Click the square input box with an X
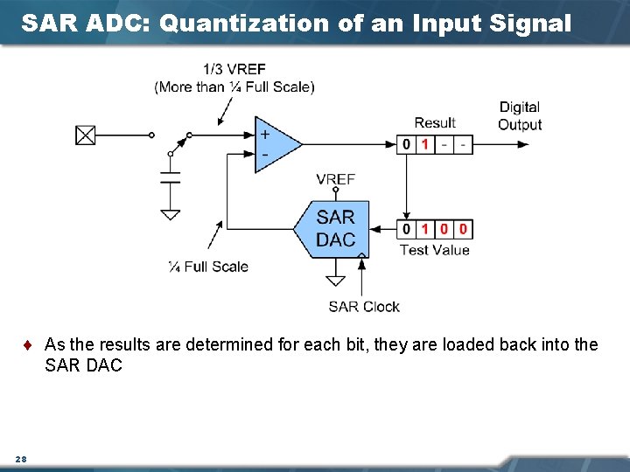(85, 135)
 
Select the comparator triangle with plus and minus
(273, 144)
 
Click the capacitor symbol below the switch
(171, 178)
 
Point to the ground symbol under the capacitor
(171, 213)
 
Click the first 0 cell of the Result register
(406, 144)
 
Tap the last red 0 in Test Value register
(463, 229)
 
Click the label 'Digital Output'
(520, 115)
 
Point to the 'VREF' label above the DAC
(335, 179)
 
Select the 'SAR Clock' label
(364, 307)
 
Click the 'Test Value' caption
(434, 250)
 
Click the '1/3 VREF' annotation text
(234, 69)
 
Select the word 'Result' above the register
(435, 123)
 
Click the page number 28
(20, 459)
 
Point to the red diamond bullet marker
(31, 345)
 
